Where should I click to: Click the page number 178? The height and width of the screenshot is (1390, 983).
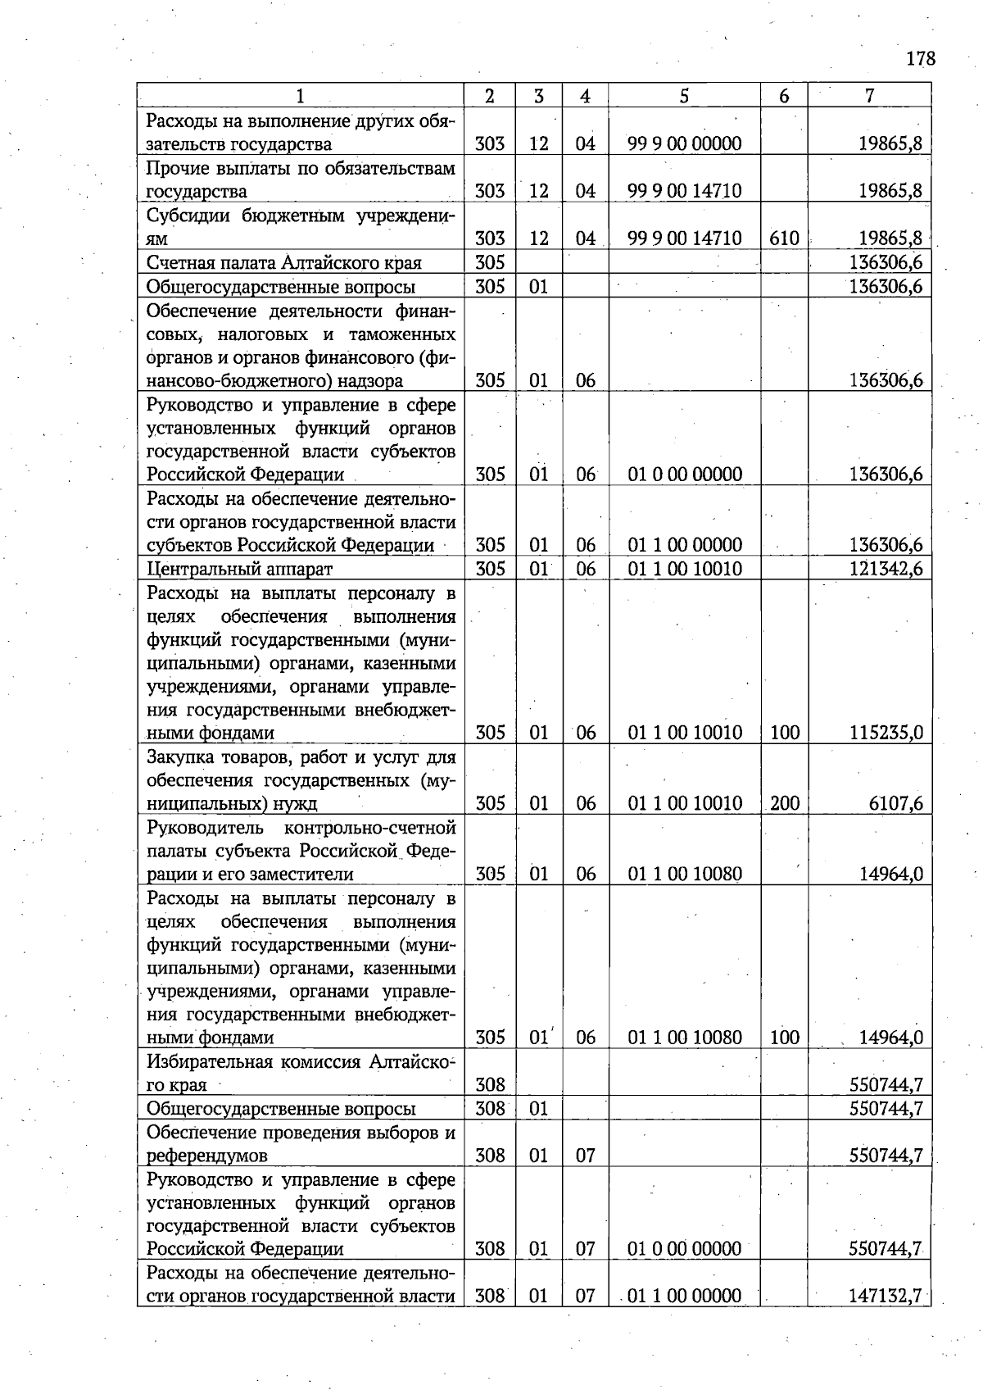pyautogui.click(x=921, y=59)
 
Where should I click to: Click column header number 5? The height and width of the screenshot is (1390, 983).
pyautogui.click(x=684, y=96)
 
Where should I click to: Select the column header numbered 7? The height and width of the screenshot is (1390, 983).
pyautogui.click(x=869, y=96)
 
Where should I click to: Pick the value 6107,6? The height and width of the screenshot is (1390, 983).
pyautogui.click(x=895, y=803)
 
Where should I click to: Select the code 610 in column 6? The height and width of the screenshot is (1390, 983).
pyautogui.click(x=784, y=238)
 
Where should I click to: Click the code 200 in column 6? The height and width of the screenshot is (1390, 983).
pyautogui.click(x=784, y=803)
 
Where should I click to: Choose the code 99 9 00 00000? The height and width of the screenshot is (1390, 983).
pyautogui.click(x=684, y=144)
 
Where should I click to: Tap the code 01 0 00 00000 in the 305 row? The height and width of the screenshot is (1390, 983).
pyautogui.click(x=684, y=475)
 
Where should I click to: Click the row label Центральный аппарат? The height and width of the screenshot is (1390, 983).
pyautogui.click(x=240, y=569)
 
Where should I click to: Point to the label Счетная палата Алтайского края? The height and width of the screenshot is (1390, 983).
pyautogui.click(x=283, y=263)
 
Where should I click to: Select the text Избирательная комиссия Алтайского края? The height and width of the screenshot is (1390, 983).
pyautogui.click(x=300, y=1074)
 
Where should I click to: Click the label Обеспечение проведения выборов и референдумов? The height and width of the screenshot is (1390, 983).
pyautogui.click(x=300, y=1144)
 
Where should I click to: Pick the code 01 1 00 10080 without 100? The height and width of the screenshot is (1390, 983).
pyautogui.click(x=684, y=874)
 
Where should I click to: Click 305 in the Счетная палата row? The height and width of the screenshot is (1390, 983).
pyautogui.click(x=490, y=263)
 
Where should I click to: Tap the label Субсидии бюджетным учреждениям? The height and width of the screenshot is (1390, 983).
pyautogui.click(x=300, y=227)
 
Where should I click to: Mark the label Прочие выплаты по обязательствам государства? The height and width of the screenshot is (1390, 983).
pyautogui.click(x=300, y=180)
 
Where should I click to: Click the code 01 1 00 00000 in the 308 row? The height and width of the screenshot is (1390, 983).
pyautogui.click(x=684, y=1296)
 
